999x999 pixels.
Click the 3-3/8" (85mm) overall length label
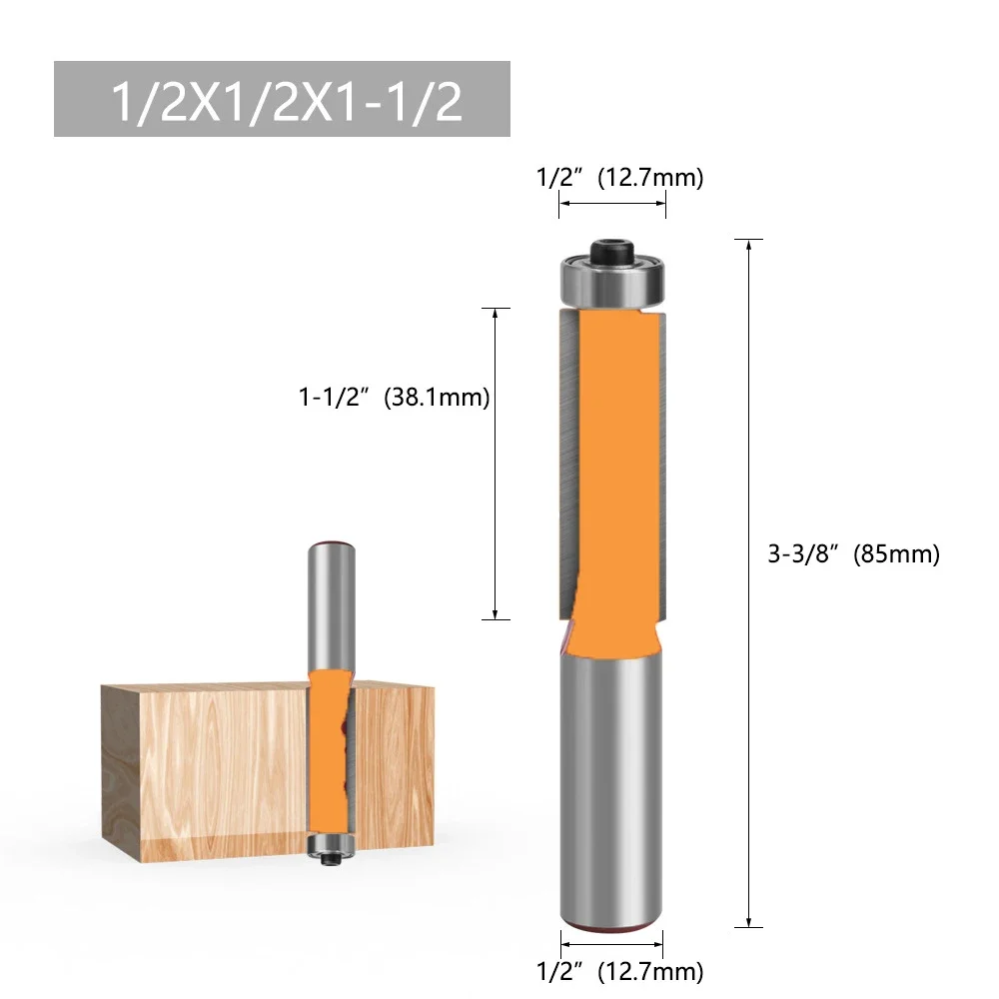(853, 554)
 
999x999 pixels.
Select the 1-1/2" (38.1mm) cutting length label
(394, 398)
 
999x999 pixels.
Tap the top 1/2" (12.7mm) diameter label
(619, 178)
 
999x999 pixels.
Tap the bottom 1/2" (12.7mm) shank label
(619, 969)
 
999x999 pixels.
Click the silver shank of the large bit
(611, 779)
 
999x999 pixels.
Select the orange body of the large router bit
(611, 460)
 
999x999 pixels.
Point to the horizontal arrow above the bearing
(611, 204)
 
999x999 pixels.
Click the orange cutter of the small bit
(329, 749)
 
